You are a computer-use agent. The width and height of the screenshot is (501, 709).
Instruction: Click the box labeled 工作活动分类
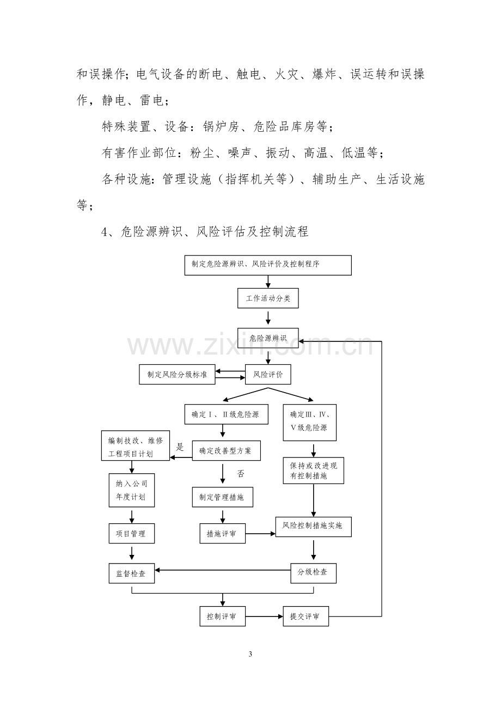click(x=268, y=298)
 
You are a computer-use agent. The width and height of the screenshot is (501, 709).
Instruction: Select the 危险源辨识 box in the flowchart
click(x=268, y=338)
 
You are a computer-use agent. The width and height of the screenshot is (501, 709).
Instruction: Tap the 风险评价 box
click(x=268, y=375)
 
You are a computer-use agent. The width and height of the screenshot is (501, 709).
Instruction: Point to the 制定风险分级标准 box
click(x=177, y=375)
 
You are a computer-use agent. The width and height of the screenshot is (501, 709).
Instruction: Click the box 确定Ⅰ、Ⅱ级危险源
click(x=227, y=414)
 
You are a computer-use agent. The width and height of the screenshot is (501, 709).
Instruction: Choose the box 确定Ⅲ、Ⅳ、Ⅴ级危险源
click(x=309, y=423)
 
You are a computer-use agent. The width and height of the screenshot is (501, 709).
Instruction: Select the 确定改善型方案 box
click(x=227, y=451)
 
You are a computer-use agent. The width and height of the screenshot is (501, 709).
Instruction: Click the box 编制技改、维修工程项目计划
click(x=136, y=445)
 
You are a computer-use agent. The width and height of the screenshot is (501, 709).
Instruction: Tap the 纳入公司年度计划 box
click(x=132, y=490)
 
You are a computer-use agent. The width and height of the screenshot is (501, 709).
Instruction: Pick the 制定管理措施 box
click(x=223, y=497)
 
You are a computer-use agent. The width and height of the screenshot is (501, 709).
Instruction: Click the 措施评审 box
click(x=223, y=534)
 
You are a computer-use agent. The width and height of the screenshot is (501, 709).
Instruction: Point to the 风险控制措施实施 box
click(x=313, y=527)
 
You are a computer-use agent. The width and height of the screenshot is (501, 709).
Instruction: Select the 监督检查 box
click(x=132, y=573)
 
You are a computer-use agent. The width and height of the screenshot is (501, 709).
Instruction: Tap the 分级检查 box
click(x=313, y=573)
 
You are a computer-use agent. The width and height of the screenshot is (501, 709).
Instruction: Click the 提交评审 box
click(x=306, y=616)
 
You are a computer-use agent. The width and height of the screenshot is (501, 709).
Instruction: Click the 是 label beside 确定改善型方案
click(x=180, y=447)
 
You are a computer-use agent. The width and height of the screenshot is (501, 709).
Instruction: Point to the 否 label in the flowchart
click(x=241, y=474)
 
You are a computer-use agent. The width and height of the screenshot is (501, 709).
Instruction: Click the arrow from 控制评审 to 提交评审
click(x=264, y=616)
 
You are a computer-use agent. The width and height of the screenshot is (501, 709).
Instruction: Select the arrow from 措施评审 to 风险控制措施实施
click(x=260, y=534)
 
